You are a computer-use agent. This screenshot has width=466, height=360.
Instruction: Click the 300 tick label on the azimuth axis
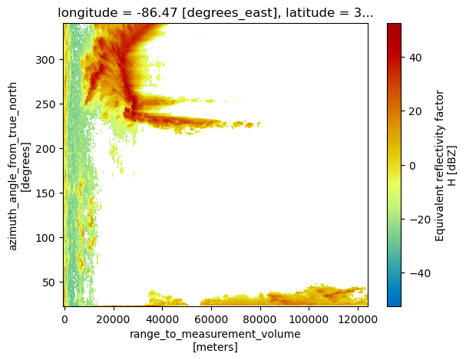[45, 60]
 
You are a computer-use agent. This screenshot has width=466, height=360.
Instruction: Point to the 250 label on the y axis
[45, 104]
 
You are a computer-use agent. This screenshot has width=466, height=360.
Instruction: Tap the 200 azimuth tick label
[45, 149]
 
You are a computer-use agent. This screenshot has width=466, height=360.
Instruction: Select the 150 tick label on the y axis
[45, 193]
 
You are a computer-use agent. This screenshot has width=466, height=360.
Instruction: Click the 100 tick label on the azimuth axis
[45, 238]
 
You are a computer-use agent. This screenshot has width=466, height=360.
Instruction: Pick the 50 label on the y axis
[48, 282]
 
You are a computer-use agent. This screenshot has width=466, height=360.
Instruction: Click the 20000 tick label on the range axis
[113, 319]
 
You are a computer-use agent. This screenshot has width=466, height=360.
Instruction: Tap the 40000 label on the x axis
[162, 319]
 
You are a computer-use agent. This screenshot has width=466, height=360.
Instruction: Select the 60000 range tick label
[211, 319]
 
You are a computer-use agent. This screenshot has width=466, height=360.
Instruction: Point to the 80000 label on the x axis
[260, 319]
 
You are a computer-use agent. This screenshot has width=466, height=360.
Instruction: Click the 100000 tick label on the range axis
[309, 319]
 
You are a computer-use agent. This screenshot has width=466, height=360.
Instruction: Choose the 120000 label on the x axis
[358, 319]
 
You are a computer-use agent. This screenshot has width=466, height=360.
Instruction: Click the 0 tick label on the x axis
[64, 319]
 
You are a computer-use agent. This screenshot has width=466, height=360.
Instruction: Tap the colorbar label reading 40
[415, 58]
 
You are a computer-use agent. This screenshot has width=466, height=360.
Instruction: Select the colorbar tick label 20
[415, 111]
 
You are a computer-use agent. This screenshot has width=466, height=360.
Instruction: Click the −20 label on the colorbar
[420, 220]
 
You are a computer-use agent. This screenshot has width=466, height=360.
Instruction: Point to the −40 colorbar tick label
[420, 273]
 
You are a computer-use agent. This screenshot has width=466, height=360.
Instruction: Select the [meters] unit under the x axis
[215, 347]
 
